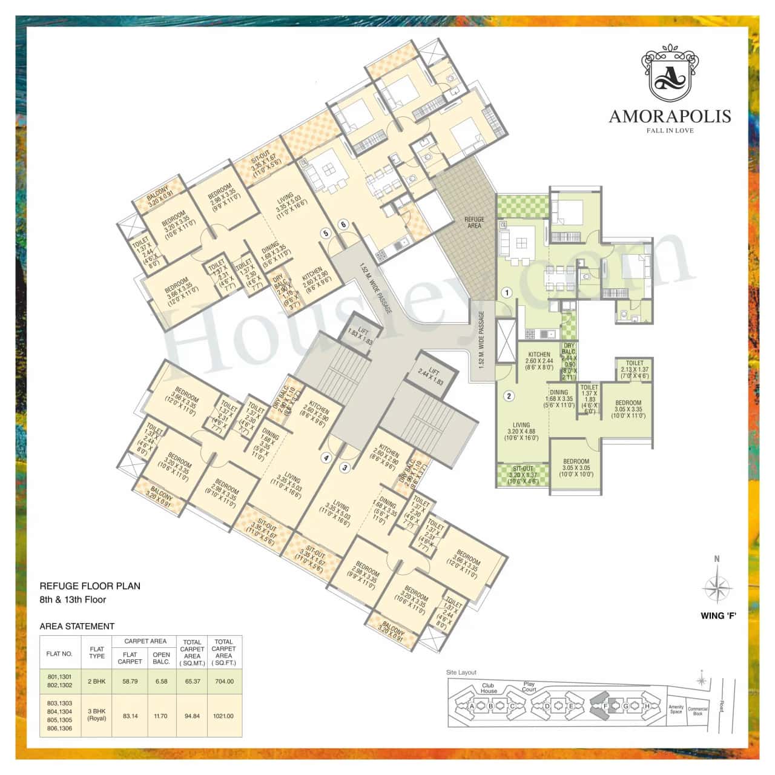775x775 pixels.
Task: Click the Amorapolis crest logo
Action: point(670,74)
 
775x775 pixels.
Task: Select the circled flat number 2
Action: point(509,397)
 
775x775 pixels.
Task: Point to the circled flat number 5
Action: point(325,232)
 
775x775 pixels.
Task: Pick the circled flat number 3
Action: point(345,467)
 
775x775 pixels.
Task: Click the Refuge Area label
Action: point(474,222)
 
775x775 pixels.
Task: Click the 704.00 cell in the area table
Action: point(223,681)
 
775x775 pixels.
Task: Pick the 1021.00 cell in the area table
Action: point(223,716)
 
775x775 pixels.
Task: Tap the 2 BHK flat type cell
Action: point(96,681)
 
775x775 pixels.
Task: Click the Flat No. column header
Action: point(59,654)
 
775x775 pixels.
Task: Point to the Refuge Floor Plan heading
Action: point(90,586)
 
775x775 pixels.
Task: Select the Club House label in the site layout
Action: point(489,688)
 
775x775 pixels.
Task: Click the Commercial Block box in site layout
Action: point(697,711)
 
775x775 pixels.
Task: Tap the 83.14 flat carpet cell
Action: point(130,716)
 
